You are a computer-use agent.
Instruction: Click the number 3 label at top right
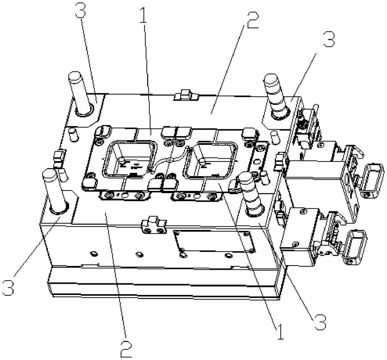[x=329, y=39]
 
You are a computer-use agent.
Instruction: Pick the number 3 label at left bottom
[x=8, y=287]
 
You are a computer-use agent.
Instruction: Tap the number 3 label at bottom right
[x=320, y=322]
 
